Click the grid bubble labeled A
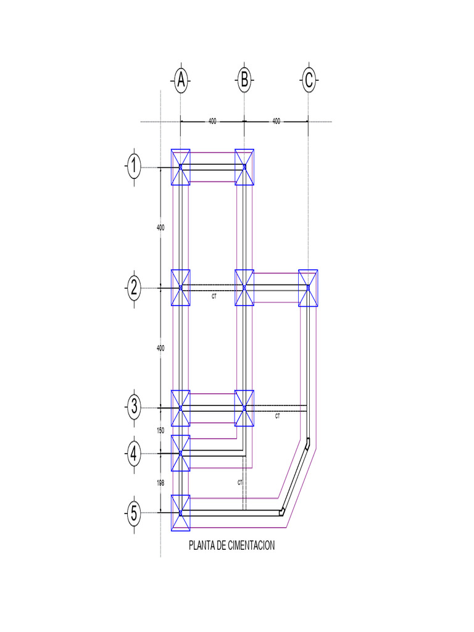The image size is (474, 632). click(180, 80)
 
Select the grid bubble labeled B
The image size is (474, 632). click(244, 80)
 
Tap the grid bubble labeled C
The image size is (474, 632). click(309, 80)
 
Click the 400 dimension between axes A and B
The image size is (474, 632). click(212, 122)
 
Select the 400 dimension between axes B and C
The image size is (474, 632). click(276, 122)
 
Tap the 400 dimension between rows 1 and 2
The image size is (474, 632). click(160, 228)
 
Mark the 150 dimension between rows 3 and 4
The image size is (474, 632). click(160, 430)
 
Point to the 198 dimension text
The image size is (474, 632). click(160, 483)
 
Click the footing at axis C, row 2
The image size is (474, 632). click(308, 288)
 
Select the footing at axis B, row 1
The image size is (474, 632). click(244, 167)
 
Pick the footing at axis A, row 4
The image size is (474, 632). click(180, 453)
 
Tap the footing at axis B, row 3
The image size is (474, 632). click(244, 408)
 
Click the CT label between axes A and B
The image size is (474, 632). click(214, 297)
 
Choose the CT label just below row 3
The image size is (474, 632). click(278, 417)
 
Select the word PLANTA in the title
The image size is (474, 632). click(201, 546)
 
